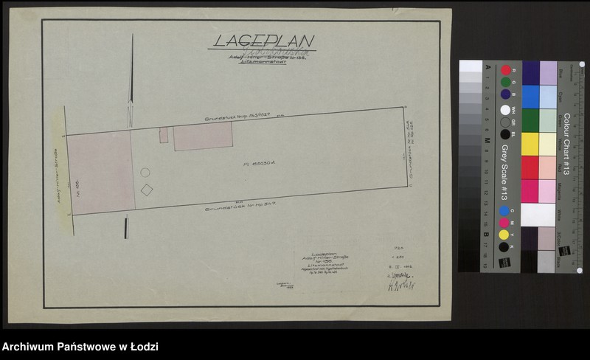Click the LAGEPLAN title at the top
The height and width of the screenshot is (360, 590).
[x=264, y=41]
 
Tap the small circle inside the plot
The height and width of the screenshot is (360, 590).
[x=145, y=173]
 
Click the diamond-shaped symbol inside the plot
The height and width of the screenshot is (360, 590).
[x=147, y=190]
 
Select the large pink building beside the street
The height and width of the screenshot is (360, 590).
[x=102, y=173]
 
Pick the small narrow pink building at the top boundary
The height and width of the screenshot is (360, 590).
[x=164, y=135]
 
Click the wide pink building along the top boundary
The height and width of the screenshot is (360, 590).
[x=203, y=136]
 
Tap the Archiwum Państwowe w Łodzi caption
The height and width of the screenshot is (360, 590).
[x=80, y=347]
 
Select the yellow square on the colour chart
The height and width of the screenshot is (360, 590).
[x=530, y=144]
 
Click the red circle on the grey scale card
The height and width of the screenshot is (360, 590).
[x=506, y=70]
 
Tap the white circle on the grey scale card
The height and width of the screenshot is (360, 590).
[x=505, y=110]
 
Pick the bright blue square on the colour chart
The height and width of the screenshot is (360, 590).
[x=530, y=97]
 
